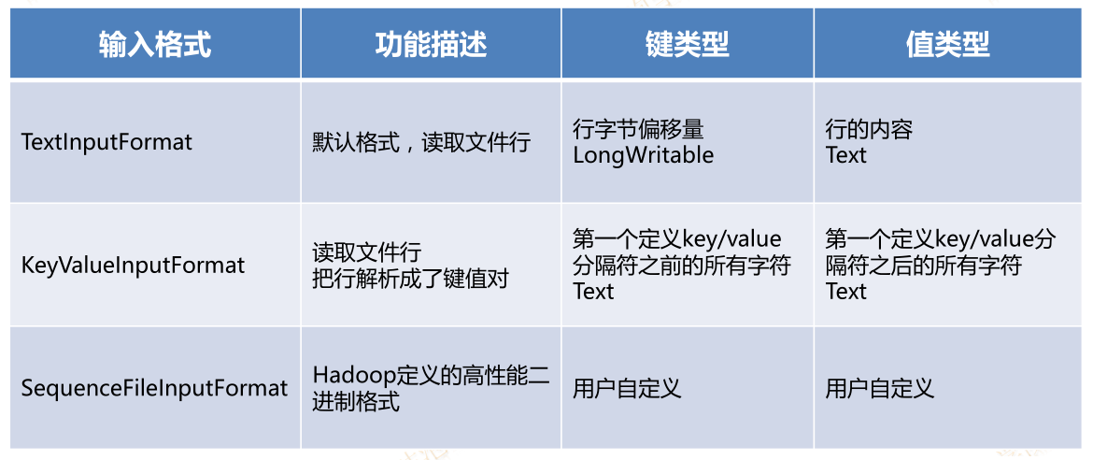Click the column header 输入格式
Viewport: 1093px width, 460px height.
(155, 45)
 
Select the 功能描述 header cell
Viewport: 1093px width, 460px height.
(431, 45)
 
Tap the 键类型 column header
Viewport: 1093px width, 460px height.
(688, 45)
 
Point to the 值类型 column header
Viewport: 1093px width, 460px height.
(948, 45)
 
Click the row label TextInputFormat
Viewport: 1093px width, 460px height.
(106, 142)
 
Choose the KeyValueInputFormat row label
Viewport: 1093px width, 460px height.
(134, 266)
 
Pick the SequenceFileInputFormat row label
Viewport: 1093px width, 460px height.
(155, 388)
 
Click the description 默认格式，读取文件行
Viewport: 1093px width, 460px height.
(421, 143)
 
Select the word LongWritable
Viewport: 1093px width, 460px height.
(644, 155)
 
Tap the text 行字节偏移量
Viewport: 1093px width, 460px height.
(638, 130)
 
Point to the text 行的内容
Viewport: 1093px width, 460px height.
(869, 130)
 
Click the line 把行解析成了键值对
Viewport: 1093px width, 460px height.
(410, 279)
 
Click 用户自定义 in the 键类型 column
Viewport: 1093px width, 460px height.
(627, 388)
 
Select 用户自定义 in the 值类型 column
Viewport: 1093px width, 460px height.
(880, 388)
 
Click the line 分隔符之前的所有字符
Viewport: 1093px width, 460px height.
(682, 266)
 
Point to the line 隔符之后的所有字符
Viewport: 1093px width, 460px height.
(924, 266)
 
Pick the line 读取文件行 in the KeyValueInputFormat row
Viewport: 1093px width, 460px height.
(366, 252)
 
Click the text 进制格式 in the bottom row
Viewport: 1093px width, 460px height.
(356, 402)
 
